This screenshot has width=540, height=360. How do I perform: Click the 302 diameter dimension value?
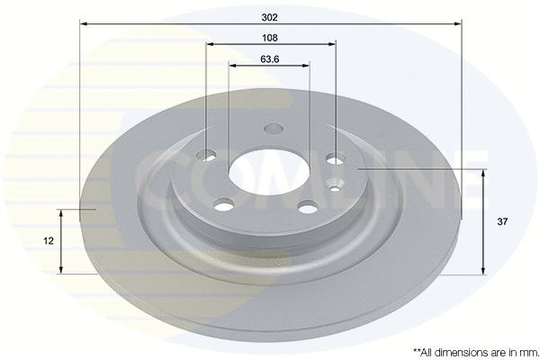point(269,15)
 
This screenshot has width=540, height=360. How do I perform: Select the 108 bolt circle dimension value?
point(269,37)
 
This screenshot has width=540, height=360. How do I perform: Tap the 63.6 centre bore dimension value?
point(269,58)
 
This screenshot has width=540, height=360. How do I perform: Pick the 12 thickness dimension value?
point(48,240)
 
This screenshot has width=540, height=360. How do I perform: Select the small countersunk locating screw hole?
point(336,188)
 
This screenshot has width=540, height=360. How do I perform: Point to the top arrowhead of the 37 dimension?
point(484,172)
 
